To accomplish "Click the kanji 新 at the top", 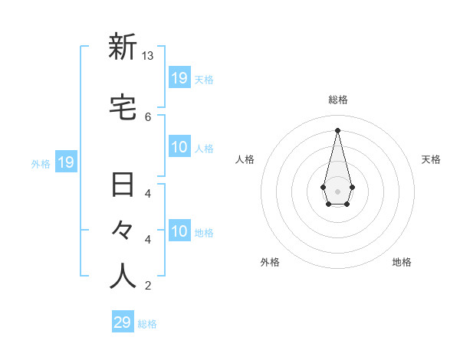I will point(123,47).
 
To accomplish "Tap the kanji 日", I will point(123,185).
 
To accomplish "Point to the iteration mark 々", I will point(123,231).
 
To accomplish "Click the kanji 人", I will point(123,277).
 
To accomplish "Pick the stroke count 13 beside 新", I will point(148,56).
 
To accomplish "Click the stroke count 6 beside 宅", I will point(148,116).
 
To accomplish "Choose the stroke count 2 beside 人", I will point(148,286).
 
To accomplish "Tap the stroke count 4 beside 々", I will point(148,240).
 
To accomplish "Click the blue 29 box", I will point(123,322).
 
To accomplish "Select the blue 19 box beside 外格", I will point(66,162).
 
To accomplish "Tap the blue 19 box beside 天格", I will point(179,78).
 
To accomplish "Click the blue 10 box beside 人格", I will point(179,147).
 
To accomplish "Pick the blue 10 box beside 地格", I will point(179,231).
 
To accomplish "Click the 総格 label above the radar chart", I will point(338,100).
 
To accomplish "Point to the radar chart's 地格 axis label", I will point(402,262).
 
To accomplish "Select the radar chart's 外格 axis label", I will point(270,262).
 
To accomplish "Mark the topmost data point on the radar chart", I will point(337,129).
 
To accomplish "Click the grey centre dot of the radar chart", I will point(337,190).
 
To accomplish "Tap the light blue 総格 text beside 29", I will point(147,324).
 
